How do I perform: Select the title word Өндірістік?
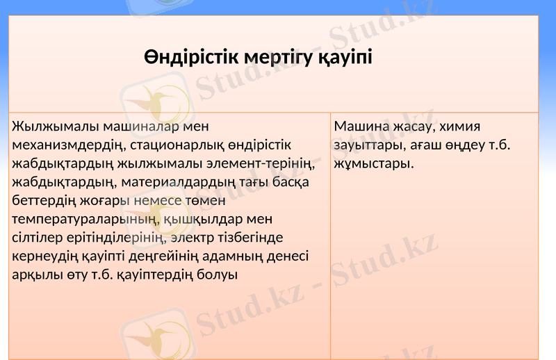(188, 58)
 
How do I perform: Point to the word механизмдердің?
(66, 145)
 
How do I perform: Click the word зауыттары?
(366, 145)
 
